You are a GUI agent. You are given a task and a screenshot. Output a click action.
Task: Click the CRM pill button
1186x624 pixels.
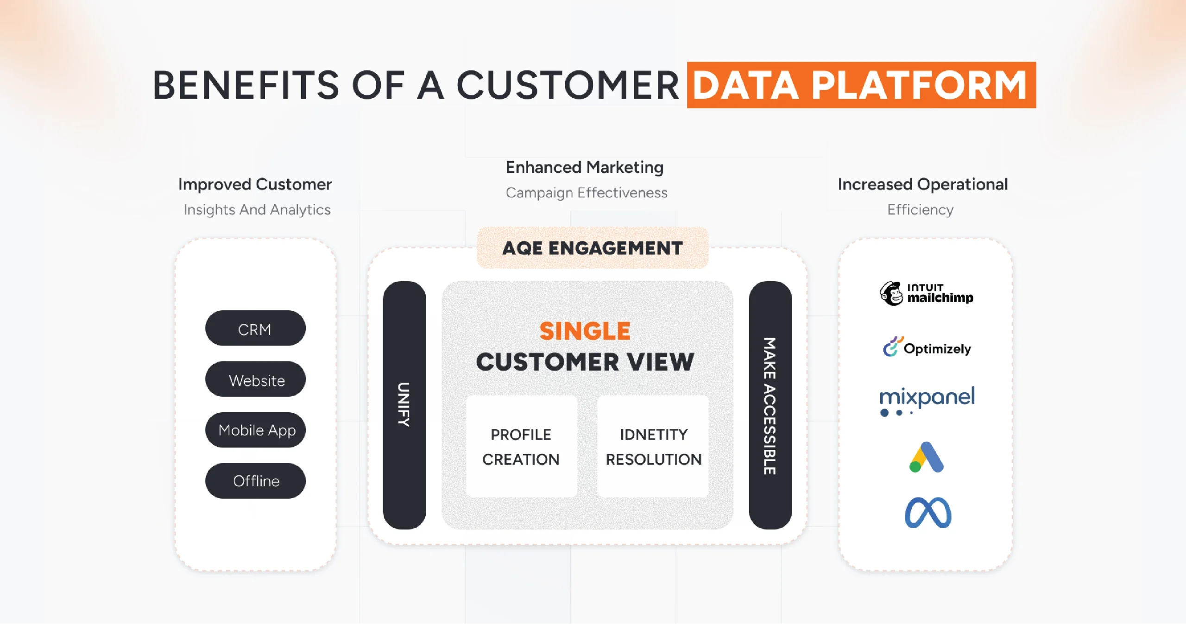[255, 328]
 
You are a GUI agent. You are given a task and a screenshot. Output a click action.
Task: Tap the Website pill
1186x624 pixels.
[255, 379]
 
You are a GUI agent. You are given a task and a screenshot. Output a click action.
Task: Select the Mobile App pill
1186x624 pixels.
[255, 430]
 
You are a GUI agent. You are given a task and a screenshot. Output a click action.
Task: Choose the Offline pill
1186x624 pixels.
[255, 481]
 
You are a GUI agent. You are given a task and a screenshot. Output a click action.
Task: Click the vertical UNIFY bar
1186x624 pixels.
[404, 405]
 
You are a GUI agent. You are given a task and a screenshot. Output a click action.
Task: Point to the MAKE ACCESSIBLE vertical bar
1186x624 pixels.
[770, 405]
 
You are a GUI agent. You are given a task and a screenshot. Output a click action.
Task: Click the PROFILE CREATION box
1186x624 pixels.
[521, 447]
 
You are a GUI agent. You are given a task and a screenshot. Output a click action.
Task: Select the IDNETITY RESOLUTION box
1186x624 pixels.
[653, 447]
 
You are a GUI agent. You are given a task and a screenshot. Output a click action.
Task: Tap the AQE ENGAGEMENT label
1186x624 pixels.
[593, 248]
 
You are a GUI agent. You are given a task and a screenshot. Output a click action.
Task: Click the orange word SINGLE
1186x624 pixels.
[585, 331]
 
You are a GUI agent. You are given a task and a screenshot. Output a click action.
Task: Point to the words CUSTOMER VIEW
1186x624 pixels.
[585, 362]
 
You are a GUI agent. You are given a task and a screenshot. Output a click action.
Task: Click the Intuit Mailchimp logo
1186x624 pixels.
[927, 294]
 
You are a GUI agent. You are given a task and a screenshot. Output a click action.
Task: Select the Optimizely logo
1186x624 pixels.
[927, 347]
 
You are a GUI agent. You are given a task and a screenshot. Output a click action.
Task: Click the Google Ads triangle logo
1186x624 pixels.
[926, 457]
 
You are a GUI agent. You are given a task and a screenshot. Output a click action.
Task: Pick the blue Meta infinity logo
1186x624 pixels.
[928, 512]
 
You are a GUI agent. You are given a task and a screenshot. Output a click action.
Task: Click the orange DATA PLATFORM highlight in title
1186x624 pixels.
[861, 85]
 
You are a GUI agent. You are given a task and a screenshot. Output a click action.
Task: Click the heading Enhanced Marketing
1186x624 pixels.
[585, 167]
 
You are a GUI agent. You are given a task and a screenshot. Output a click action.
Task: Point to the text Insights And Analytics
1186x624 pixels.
[257, 209]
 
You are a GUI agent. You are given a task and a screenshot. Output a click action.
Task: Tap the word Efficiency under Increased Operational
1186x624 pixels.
[920, 209]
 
